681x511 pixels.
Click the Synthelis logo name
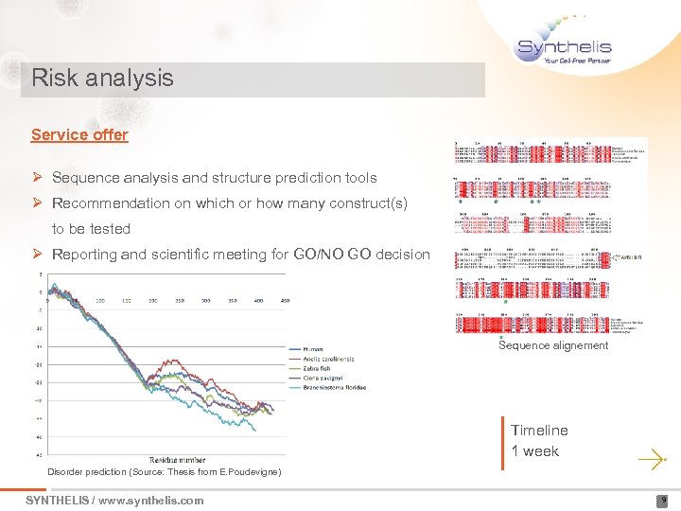point(565,46)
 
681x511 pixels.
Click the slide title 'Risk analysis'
point(102,78)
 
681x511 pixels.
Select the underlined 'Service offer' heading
point(79,134)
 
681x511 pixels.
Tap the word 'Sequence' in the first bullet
point(81,178)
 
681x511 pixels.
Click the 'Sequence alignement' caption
point(552,345)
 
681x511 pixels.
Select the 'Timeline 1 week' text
point(539,441)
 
